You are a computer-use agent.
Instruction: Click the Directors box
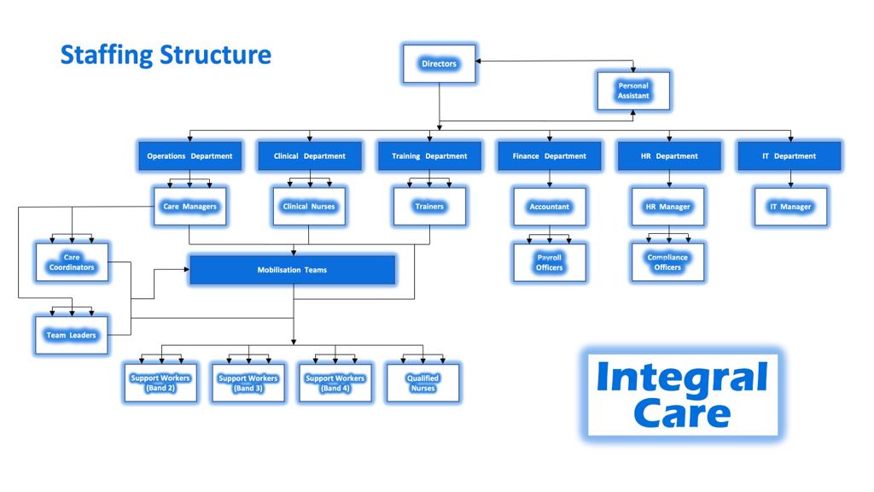point(439,64)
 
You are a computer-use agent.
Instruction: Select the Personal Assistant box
point(633,91)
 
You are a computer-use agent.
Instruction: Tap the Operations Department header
point(189,156)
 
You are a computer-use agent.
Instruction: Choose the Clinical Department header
point(310,156)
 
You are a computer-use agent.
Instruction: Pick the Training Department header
point(429,156)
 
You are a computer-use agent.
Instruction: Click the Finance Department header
point(550,156)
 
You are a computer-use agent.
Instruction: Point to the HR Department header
point(669,156)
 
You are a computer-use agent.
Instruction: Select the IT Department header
point(790,156)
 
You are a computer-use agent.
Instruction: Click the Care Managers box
point(189,207)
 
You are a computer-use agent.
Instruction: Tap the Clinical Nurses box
point(310,207)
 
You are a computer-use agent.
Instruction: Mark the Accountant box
point(550,207)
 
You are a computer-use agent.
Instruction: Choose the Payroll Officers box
point(550,262)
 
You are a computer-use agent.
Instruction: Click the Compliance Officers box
point(668,262)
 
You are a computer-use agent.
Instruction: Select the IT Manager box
point(790,207)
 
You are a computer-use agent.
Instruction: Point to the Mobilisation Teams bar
point(292,270)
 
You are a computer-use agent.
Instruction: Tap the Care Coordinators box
point(72,262)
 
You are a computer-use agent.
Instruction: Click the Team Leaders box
point(72,335)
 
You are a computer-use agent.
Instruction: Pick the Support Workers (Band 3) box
point(248,383)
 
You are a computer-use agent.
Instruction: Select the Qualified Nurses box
point(423,383)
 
